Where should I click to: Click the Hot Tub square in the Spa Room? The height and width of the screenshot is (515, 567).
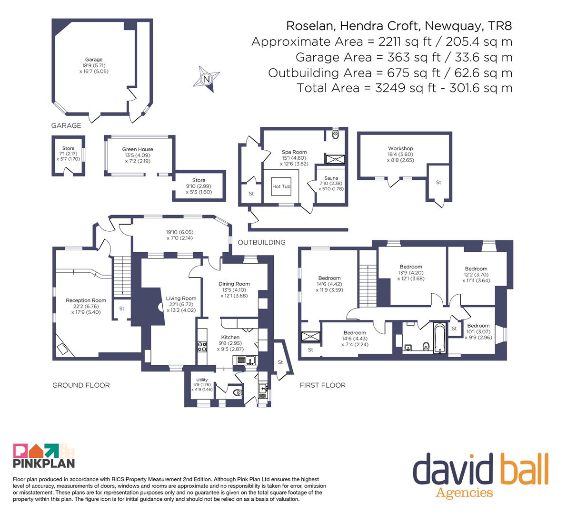[281, 186]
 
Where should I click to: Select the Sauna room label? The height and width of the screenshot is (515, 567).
[331, 178]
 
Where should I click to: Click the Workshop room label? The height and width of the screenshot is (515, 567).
[400, 148]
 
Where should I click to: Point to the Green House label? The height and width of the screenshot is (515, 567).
[138, 149]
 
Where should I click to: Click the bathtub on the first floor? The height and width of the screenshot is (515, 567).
[440, 338]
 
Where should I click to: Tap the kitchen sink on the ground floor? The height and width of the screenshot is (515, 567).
[246, 360]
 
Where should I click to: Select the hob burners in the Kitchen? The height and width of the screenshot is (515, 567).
[202, 347]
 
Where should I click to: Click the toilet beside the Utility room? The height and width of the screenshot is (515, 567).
[237, 392]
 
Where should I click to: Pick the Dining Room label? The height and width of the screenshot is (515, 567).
[234, 284]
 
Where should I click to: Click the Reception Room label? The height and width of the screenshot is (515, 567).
[86, 300]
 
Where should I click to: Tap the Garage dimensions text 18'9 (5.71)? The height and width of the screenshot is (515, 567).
[94, 65]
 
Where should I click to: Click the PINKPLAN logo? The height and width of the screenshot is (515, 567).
[44, 455]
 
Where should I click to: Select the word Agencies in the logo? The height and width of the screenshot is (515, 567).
[464, 493]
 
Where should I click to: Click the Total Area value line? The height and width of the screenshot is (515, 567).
[405, 88]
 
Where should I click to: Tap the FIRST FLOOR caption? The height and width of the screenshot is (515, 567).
[323, 385]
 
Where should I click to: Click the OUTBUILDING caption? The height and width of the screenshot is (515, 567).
[261, 242]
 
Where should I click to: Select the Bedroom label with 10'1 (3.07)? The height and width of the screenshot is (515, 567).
[478, 326]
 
